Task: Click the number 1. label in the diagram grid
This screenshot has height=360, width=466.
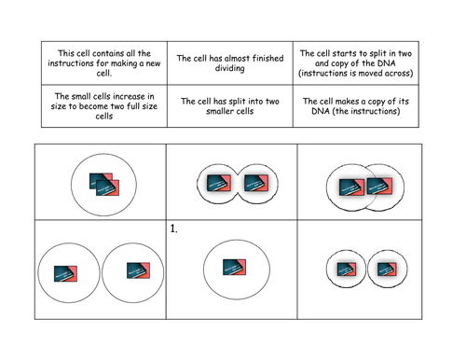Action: coord(174,228)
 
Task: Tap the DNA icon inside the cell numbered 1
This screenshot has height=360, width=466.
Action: coord(233,268)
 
